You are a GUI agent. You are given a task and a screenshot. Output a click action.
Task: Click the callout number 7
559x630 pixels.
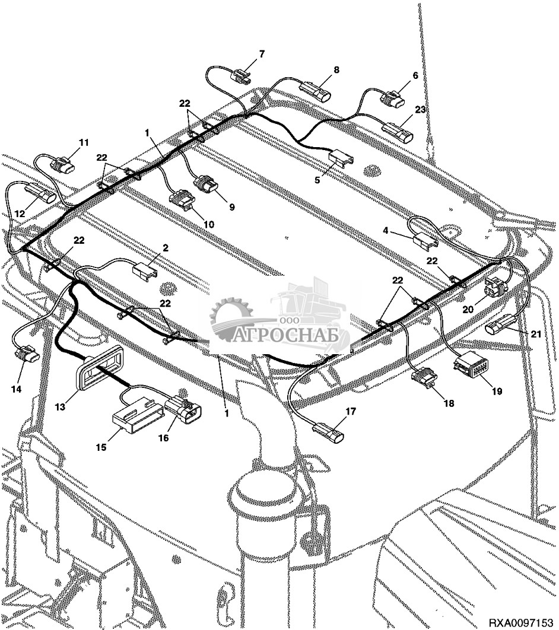coord(262,54)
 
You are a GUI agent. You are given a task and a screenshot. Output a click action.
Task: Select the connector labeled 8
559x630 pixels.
coord(315,91)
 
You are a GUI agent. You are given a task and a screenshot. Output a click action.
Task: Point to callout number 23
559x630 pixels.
coord(420,109)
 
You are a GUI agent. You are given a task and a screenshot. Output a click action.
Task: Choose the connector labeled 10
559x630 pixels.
coord(183,201)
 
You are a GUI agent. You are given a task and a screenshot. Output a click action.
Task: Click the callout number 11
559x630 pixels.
coord(84,142)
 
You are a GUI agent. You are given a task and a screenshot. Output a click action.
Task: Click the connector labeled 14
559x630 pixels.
coord(27,354)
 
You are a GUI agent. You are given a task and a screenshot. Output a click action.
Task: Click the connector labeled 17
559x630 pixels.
coord(329,432)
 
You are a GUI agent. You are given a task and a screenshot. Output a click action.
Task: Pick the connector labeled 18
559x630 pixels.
coord(424,379)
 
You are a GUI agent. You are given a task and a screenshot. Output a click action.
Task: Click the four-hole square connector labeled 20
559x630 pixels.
coord(496,286)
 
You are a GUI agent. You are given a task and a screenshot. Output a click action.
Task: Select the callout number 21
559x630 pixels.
coord(536,334)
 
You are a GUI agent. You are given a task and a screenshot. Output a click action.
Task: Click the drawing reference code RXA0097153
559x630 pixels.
coord(521,623)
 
